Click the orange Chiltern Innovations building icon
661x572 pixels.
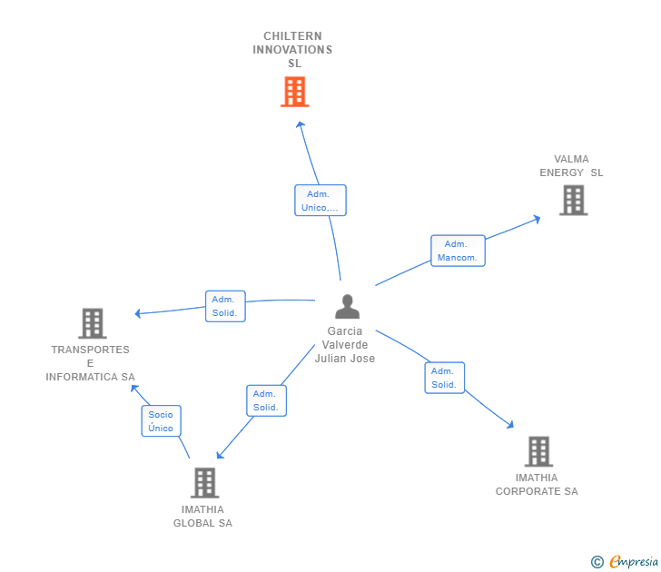pos(294,92)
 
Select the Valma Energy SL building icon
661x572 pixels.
pos(573,200)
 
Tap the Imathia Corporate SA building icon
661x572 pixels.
pos(538,451)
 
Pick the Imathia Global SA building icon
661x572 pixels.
pos(204,482)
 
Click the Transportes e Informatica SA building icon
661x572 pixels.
pos(92,323)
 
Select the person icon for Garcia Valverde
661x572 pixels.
pos(347,307)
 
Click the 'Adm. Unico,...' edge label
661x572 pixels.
pos(320,201)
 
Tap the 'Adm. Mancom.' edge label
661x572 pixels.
pos(457,251)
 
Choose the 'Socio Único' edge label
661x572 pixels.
pos(161,421)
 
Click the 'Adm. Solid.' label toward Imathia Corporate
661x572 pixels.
pos(444,378)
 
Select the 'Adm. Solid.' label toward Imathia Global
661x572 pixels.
pos(266,400)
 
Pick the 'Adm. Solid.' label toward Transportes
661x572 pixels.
pos(224,306)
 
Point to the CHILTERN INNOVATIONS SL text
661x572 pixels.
pos(292,50)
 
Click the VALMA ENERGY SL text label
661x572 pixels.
pos(571,166)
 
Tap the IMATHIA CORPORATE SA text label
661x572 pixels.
pos(537,485)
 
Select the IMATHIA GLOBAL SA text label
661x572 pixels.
pos(202,517)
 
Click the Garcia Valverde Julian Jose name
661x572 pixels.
pos(345,345)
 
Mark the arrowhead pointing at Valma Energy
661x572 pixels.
pos(537,218)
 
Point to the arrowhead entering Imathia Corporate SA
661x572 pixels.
pos(510,424)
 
